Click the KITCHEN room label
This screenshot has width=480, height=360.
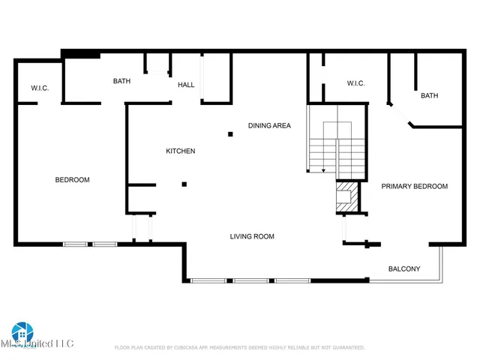pos(180,151)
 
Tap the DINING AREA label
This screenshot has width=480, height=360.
pos(269,126)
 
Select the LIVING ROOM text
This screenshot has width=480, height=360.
pos(252,237)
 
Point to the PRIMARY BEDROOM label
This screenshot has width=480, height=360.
pos(414,187)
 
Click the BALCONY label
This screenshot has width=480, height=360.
pos(403,269)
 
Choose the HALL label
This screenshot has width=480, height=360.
pos(186,85)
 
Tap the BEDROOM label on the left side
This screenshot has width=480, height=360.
pos(73,180)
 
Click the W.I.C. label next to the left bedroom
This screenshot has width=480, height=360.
pos(40,88)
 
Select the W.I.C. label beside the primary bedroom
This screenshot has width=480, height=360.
pos(355,83)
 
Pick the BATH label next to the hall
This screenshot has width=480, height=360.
pos(122,81)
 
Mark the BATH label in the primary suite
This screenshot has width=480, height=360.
pos(429,96)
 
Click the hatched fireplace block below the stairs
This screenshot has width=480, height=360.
pos(346,196)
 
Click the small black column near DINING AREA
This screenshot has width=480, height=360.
pos(231,134)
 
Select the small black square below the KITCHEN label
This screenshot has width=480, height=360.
pos(184,184)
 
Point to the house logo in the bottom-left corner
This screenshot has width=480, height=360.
pos(22,332)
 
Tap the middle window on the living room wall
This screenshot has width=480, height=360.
pos(250,281)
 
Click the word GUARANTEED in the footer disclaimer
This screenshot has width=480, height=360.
pos(347,348)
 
